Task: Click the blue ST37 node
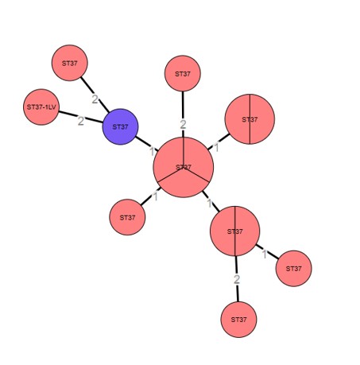[120, 126]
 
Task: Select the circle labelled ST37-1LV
[41, 107]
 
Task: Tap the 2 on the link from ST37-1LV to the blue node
[81, 121]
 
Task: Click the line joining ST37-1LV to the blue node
[81, 117]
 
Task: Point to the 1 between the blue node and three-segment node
[152, 152]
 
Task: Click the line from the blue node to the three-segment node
[147, 144]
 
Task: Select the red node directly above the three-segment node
[183, 73]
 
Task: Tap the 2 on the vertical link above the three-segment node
[183, 125]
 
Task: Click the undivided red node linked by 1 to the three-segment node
[127, 217]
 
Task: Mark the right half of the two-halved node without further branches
[262, 119]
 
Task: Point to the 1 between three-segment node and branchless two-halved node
[216, 147]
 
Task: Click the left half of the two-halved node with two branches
[223, 231]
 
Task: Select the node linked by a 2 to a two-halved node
[238, 320]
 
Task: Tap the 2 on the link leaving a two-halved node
[237, 279]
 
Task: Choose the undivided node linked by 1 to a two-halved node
[293, 269]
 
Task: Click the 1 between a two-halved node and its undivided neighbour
[265, 254]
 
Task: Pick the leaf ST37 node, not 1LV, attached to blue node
[70, 63]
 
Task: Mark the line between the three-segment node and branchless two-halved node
[219, 142]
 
